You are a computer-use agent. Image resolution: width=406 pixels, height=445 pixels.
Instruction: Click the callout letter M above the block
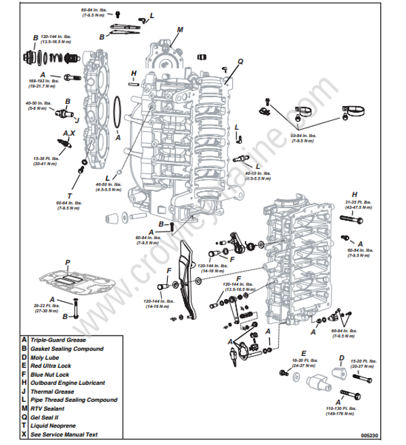point(180,30)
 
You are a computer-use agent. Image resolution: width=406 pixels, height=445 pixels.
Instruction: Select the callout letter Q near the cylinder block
point(240,61)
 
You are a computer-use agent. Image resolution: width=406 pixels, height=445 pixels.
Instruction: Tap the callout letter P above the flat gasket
point(67,261)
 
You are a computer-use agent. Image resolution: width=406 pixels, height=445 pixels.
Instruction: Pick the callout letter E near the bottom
point(304,352)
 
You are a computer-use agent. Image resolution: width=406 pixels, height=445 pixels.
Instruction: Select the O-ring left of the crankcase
point(118,112)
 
